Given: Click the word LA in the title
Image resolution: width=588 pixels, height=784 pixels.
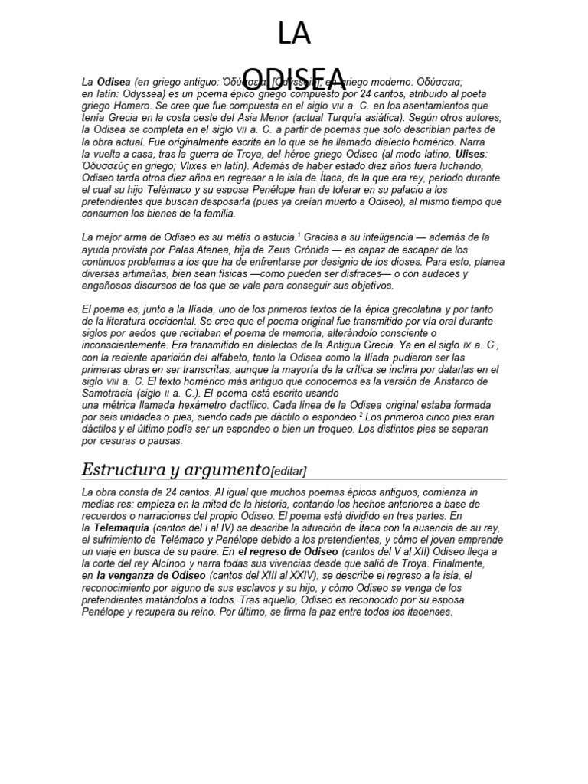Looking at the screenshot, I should tap(294, 34).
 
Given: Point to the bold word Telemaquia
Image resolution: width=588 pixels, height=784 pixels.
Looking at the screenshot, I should tap(122, 528).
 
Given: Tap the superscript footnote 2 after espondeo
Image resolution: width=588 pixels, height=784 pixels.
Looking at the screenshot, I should tap(361, 414).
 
